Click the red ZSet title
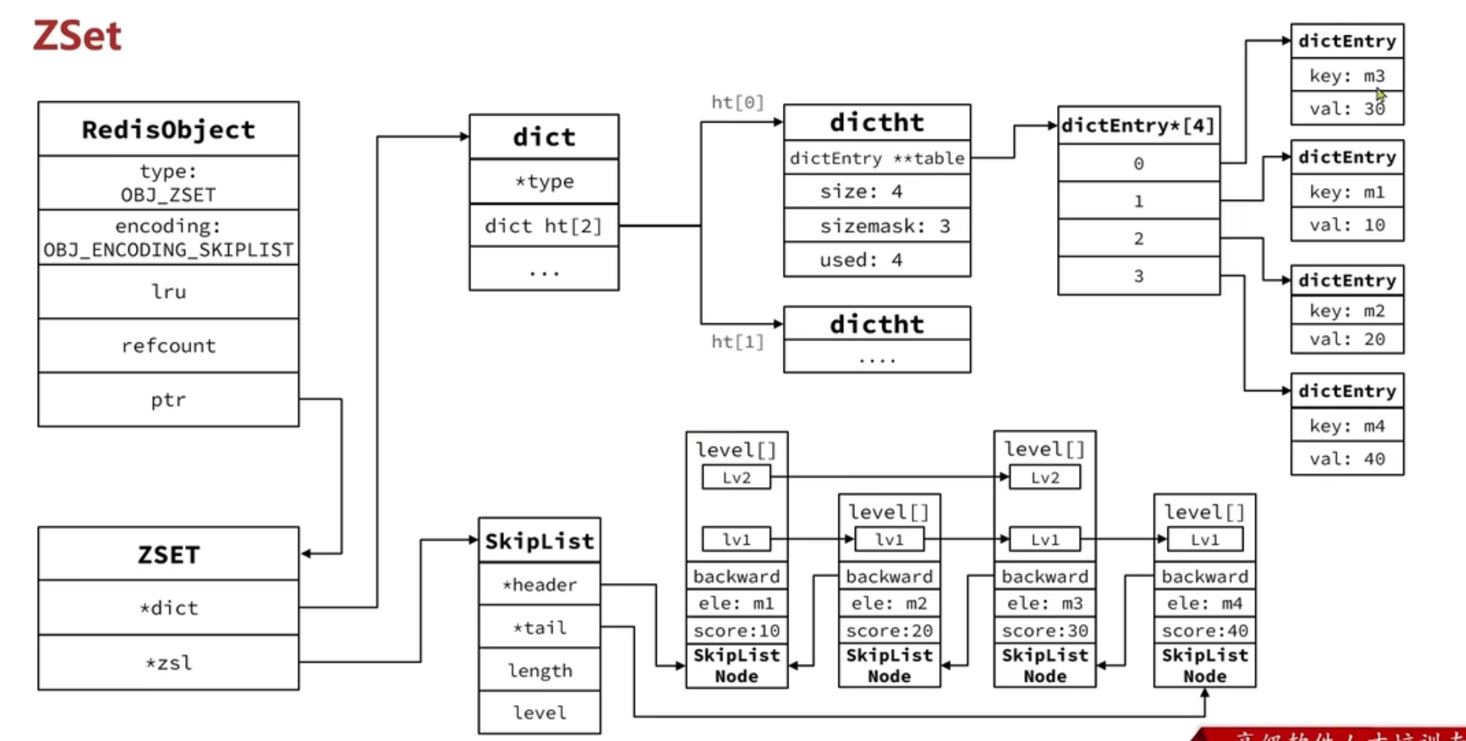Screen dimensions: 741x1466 point(77,35)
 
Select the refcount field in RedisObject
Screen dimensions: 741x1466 point(168,346)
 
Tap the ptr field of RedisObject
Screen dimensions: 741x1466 point(168,400)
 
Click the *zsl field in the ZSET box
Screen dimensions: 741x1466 point(168,662)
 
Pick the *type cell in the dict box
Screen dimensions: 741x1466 point(544,181)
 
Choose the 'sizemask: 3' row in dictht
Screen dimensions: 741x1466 point(877,225)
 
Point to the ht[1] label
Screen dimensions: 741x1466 point(737,341)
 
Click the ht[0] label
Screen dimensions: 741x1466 point(737,102)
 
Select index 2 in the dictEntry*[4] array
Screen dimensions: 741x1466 point(1138,238)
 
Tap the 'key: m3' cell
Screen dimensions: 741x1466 point(1347,76)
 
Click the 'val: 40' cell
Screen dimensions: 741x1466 point(1347,458)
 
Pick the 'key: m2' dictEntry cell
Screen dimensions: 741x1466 point(1347,311)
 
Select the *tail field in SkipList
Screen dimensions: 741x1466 point(539,627)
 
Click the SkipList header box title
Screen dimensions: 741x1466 point(539,541)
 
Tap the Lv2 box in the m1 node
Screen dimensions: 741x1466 point(736,477)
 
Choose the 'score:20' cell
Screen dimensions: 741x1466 point(889,630)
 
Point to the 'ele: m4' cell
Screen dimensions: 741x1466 point(1205,603)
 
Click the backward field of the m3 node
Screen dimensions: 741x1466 point(1044,576)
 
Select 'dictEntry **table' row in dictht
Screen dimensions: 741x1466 point(877,158)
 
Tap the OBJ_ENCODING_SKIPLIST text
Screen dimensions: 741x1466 point(168,250)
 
